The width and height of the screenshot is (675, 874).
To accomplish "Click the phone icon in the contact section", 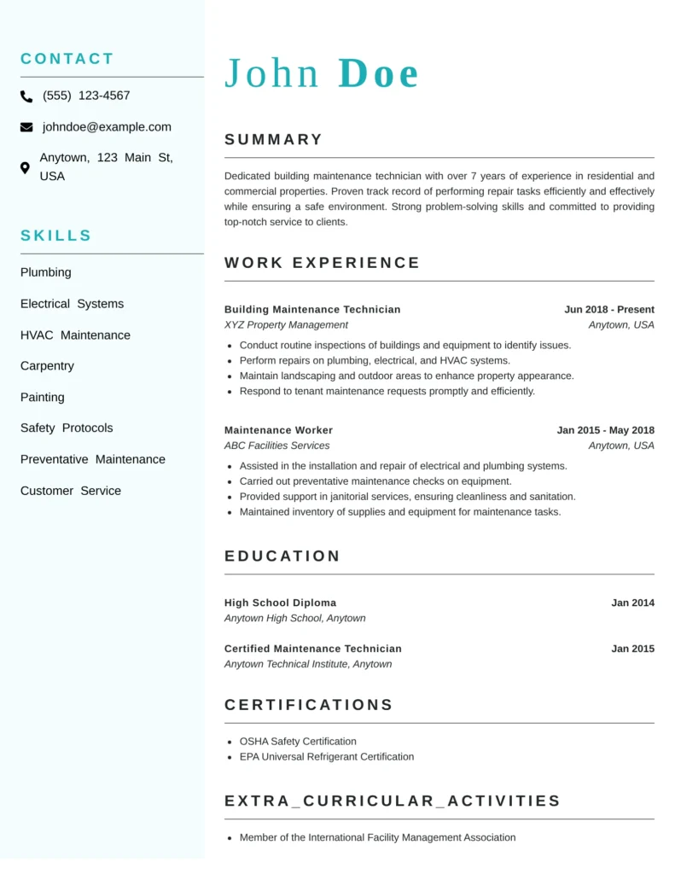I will (x=26, y=96).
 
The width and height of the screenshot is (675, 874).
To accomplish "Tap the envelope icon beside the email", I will (x=26, y=127).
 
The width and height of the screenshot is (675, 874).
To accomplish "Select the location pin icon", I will (x=25, y=168).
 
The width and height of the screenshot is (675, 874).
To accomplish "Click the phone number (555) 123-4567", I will (x=86, y=96).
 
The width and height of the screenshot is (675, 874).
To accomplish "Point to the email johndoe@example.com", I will (x=107, y=127).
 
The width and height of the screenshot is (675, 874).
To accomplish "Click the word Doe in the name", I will (x=378, y=74).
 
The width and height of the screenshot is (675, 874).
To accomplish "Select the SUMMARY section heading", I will (x=274, y=140).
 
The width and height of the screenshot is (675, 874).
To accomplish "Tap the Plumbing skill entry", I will (x=46, y=272).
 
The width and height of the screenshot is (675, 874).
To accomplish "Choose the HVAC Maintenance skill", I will (x=75, y=335).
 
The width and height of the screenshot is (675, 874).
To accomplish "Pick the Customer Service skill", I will (x=71, y=491).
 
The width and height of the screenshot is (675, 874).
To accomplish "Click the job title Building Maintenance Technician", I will (x=312, y=310).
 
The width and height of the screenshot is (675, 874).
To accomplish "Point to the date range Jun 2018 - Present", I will (x=609, y=310).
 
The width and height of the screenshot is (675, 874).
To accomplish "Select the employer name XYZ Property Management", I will (x=286, y=325).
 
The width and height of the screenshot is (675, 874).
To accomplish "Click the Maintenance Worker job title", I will (x=278, y=430).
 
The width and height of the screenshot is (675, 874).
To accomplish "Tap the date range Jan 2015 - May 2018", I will (x=605, y=430).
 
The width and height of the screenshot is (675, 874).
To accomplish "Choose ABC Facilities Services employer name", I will (x=276, y=446).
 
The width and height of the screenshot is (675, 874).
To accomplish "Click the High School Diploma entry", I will (x=280, y=603).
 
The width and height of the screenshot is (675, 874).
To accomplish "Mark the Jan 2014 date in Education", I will (x=632, y=603).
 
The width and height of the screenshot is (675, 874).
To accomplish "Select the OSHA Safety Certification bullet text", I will (x=298, y=742).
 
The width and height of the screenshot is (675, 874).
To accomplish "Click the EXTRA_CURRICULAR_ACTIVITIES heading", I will (x=393, y=801).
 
